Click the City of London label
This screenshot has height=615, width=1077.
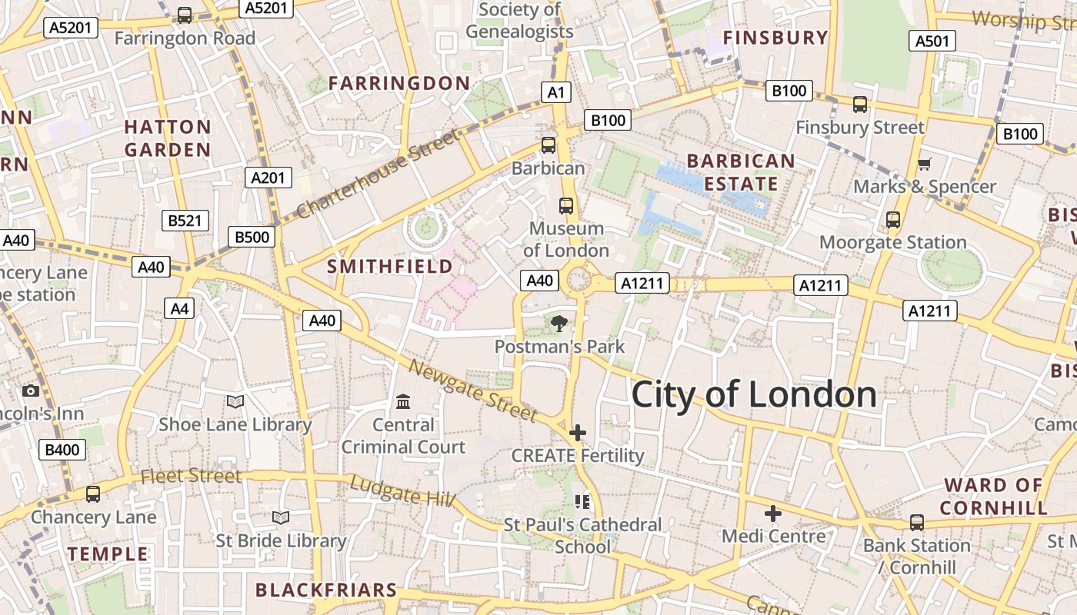coord(753,394)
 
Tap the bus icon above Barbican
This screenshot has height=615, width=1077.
coord(549,145)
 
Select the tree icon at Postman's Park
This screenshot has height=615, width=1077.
coord(559,324)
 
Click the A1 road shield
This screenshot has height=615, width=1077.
coord(556,93)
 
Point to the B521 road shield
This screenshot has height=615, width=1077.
coord(185,221)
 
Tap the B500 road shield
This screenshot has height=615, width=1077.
coord(252,237)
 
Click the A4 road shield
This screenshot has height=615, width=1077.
coord(179,309)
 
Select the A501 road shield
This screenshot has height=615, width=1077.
coord(932,41)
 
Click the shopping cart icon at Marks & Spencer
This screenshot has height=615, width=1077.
coord(924,163)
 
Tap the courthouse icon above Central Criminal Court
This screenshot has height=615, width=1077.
coord(403,401)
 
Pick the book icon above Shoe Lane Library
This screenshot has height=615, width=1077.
coord(235,401)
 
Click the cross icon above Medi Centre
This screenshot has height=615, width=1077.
coord(773,513)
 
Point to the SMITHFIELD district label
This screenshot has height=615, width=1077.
coord(390,267)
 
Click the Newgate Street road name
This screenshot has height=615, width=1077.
coord(472,391)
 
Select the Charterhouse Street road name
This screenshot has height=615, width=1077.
coord(377,174)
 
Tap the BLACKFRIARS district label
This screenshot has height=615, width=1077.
coord(326,590)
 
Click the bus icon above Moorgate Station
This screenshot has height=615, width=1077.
coord(893,220)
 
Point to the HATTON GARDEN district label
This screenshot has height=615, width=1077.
coord(168,138)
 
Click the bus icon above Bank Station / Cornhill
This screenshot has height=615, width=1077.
coord(916,523)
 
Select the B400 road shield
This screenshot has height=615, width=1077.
coord(62,450)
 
